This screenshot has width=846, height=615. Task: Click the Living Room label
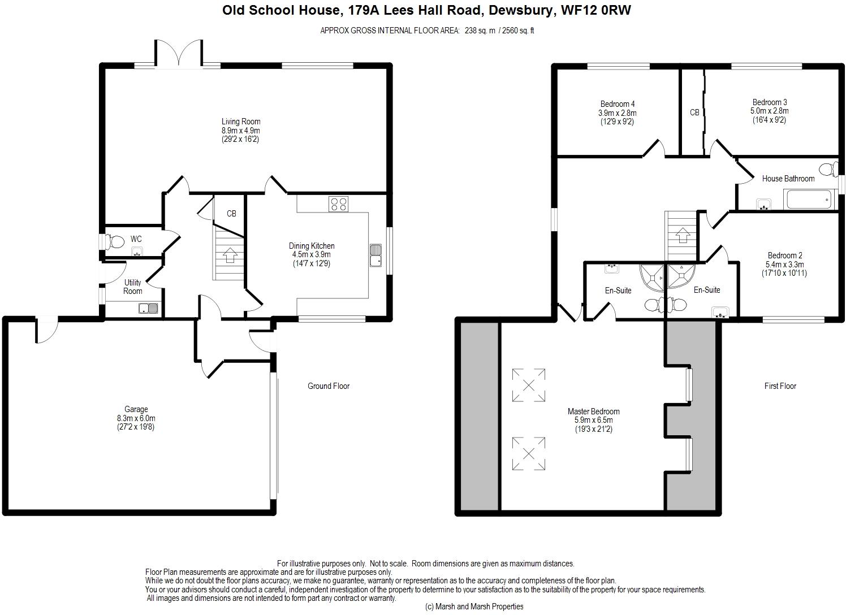click(241, 122)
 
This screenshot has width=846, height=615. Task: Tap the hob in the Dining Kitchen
click(338, 204)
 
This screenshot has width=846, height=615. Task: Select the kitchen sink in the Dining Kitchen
click(376, 255)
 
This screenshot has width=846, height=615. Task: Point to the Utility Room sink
click(148, 309)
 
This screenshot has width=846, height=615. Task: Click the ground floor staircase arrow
click(229, 255)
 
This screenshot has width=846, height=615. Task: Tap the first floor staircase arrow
click(682, 235)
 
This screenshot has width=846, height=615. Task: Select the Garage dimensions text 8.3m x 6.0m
click(136, 418)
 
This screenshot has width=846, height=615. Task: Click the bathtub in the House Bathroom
click(809, 200)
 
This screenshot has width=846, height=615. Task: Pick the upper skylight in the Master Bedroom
click(529, 385)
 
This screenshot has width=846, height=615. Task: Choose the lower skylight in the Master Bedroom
click(529, 453)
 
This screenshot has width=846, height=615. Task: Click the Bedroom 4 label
click(618, 104)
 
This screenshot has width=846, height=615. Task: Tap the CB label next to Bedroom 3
click(694, 112)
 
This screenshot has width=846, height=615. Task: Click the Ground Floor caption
click(329, 386)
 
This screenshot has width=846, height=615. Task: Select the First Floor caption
click(780, 386)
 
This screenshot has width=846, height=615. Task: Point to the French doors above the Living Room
click(178, 54)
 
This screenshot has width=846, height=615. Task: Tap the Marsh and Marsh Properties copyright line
click(474, 607)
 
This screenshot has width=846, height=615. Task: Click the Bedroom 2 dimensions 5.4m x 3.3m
click(784, 265)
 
